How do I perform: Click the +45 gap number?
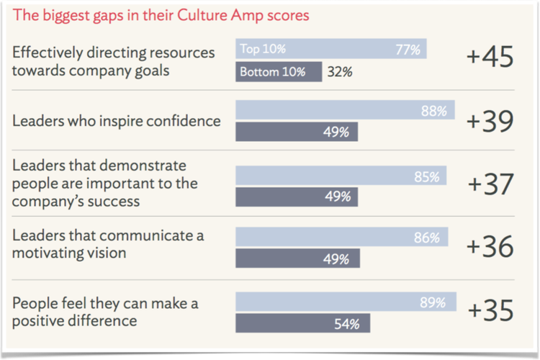[490, 58]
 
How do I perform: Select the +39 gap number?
[490, 122]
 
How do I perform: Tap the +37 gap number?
[490, 184]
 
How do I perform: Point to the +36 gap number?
[490, 246]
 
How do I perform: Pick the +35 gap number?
[490, 311]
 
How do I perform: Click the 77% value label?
[408, 50]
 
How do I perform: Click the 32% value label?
[339, 72]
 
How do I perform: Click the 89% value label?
[433, 302]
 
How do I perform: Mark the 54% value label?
[347, 323]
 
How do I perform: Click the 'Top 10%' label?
[263, 50]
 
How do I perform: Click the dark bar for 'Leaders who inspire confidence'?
[297, 132]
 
